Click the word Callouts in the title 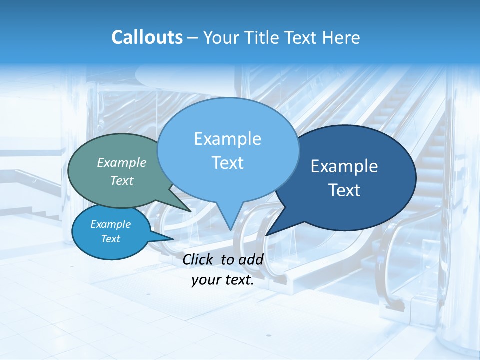(147, 38)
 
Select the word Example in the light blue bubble (227, 139)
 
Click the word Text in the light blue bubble (227, 163)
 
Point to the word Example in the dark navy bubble (344, 166)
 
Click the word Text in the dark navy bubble (344, 190)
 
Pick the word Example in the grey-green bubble (122, 162)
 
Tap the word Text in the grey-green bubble (122, 180)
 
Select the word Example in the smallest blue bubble (111, 224)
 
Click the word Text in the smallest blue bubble (111, 239)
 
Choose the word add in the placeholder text (251, 259)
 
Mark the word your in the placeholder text (205, 280)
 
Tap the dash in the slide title (192, 38)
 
